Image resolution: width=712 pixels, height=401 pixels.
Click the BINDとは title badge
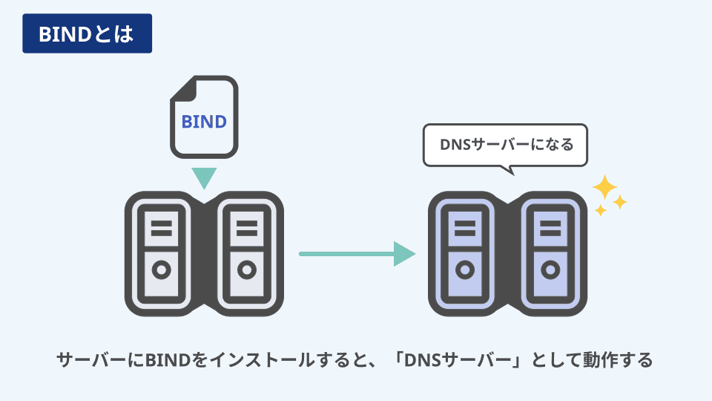point(87,33)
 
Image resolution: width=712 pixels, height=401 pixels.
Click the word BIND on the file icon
point(204,120)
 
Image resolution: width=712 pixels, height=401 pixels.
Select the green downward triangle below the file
point(204,177)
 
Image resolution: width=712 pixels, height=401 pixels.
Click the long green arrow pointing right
point(356,253)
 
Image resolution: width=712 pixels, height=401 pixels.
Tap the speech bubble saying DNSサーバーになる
point(504,145)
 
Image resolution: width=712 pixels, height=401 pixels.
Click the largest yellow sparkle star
point(604,186)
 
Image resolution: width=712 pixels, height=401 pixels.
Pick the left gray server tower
point(162,252)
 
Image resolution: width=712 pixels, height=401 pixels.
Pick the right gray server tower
point(245,252)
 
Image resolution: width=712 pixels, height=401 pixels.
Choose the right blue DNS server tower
point(550,252)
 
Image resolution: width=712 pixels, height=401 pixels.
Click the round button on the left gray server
point(162,270)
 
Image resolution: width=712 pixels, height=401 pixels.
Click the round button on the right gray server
point(245,270)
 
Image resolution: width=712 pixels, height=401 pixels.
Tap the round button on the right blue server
point(550,270)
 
